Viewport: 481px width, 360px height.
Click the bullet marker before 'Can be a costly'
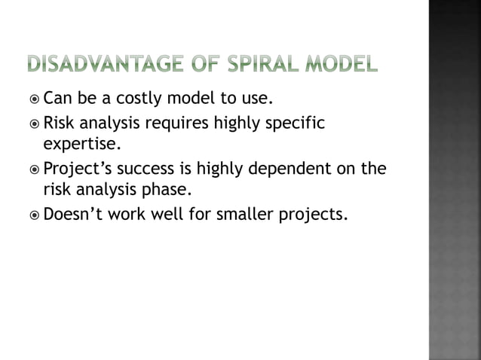tap(35, 98)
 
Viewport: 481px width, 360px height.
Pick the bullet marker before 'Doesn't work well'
tap(35, 216)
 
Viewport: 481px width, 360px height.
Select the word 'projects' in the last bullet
tap(316, 217)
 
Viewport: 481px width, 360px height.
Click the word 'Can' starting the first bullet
tap(57, 98)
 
